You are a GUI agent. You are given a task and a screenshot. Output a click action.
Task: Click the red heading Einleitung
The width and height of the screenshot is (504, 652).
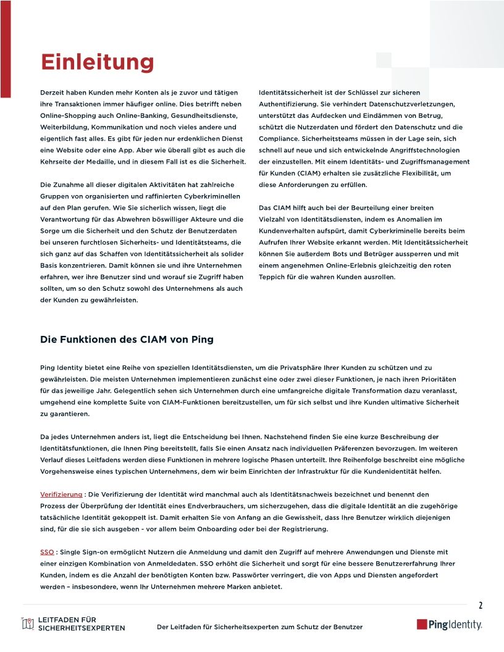[x=97, y=62]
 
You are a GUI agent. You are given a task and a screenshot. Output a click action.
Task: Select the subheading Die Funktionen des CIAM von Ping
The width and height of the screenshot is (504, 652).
[x=127, y=340]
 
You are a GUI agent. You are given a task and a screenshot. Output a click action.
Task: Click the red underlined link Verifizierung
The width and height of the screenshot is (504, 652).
[x=61, y=495]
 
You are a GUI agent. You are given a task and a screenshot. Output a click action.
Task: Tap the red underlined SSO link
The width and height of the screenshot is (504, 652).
[x=47, y=552]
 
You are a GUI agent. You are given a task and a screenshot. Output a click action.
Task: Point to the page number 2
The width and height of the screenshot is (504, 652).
[x=481, y=605]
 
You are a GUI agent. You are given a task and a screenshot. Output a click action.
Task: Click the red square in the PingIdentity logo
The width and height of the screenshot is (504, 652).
[x=422, y=624]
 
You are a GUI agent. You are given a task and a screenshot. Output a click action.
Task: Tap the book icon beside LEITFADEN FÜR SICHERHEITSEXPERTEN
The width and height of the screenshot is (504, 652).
[x=27, y=624]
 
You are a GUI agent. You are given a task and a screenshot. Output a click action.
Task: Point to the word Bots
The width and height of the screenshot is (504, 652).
[x=356, y=254]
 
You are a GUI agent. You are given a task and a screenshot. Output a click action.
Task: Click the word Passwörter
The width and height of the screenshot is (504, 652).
[x=300, y=575]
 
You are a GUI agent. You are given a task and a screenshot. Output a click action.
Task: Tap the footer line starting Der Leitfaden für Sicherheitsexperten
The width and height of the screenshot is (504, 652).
[x=259, y=627]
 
